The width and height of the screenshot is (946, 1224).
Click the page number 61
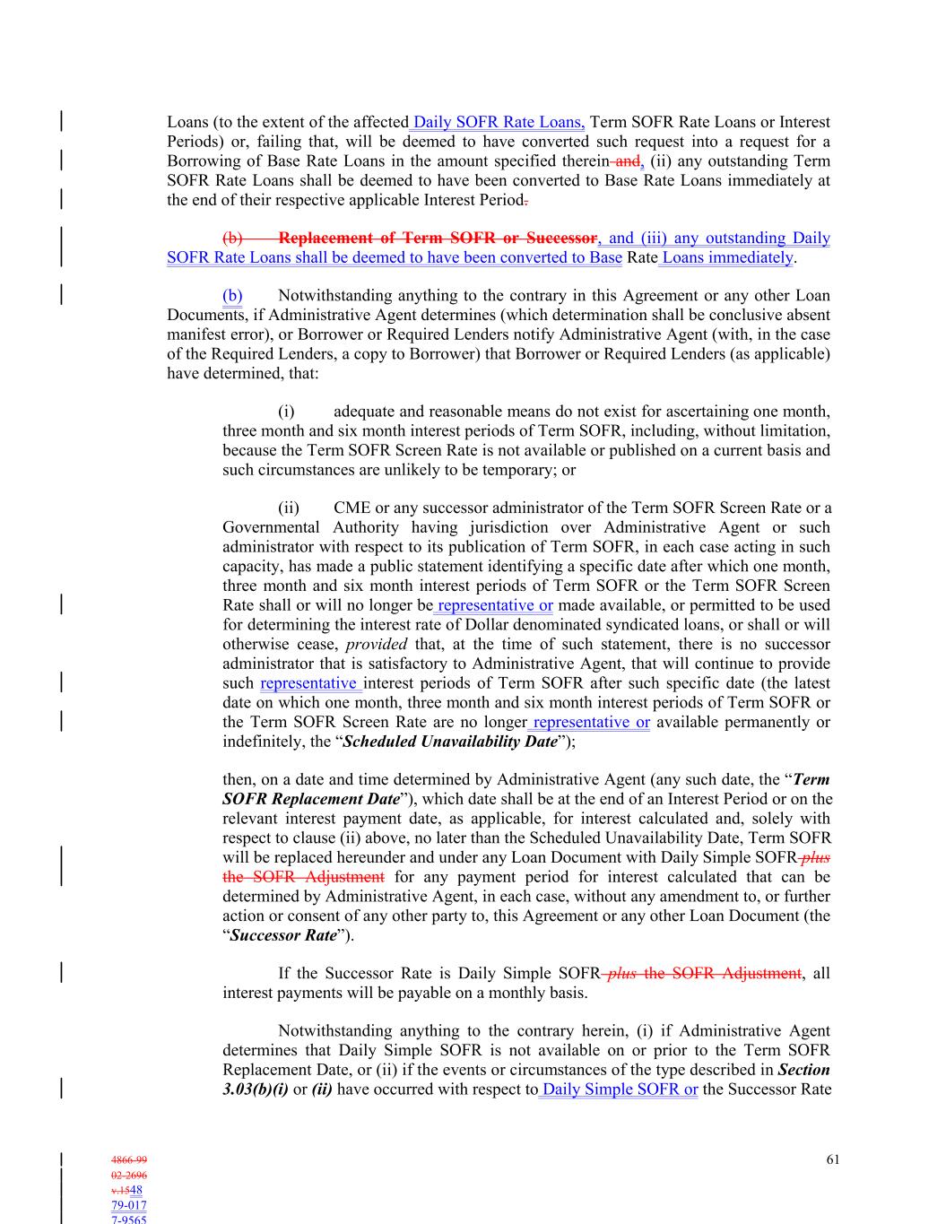[x=833, y=1159]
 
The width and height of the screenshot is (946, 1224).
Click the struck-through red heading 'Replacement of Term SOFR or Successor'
[x=438, y=239]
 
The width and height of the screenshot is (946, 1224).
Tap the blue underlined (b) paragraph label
[x=232, y=296]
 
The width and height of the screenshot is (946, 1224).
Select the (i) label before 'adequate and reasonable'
[x=286, y=412]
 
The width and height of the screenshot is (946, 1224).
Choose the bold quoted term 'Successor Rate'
[x=283, y=935]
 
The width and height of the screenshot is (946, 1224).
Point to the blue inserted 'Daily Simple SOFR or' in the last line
[x=620, y=1089]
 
